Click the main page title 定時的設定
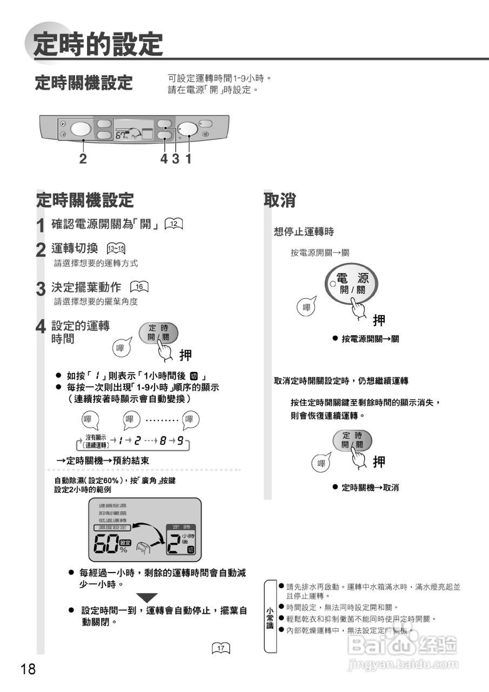click(x=97, y=45)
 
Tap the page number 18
click(x=28, y=669)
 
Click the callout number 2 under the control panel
click(x=83, y=159)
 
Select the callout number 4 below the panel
click(x=164, y=159)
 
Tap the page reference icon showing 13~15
click(x=116, y=249)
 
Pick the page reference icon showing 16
click(x=139, y=287)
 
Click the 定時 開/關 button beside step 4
click(x=158, y=333)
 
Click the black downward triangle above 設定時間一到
click(x=146, y=598)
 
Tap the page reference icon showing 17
click(x=221, y=648)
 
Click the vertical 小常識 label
click(x=270, y=617)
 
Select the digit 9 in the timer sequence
click(x=180, y=441)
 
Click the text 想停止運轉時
click(x=304, y=232)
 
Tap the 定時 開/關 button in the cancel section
click(x=352, y=440)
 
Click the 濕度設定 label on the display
click(x=111, y=527)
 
